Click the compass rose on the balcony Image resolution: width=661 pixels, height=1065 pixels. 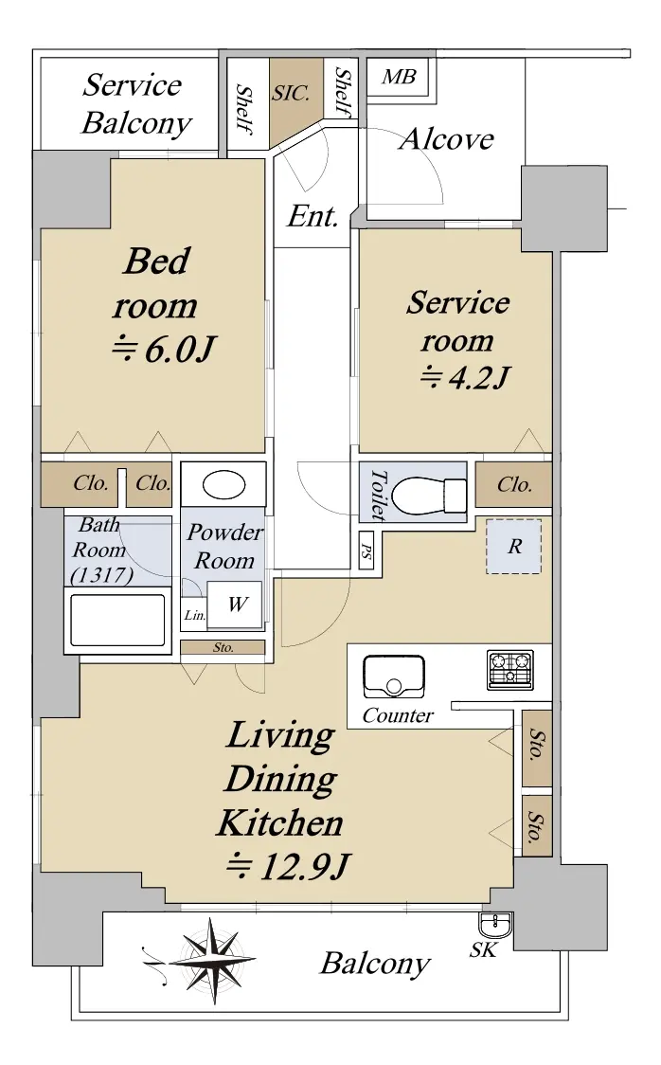(212, 960)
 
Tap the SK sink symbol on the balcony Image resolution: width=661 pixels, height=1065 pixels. (495, 925)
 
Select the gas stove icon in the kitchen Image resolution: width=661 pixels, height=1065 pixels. (509, 670)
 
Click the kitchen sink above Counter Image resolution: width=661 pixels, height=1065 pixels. (394, 677)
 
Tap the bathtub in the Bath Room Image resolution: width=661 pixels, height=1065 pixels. (118, 620)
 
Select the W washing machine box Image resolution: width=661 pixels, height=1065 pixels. (234, 605)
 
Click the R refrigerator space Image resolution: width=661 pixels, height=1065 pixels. (513, 546)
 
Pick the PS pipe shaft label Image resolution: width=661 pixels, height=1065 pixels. (366, 550)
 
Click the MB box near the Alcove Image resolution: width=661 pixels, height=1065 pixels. (399, 77)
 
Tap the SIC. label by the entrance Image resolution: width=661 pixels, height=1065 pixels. (291, 92)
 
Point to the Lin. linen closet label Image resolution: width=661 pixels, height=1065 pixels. (195, 615)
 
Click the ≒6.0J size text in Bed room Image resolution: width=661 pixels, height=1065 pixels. (164, 349)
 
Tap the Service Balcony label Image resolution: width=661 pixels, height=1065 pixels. (135, 104)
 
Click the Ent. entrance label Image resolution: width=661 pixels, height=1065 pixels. (313, 217)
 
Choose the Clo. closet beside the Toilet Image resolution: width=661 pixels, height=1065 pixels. (513, 484)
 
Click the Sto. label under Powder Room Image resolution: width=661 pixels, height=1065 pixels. (223, 647)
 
